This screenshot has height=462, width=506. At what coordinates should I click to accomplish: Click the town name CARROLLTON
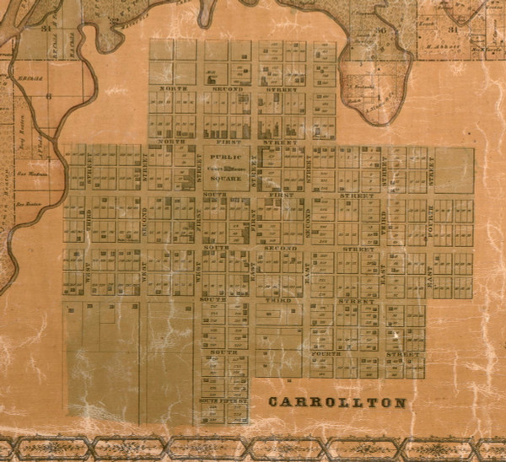point(336,402)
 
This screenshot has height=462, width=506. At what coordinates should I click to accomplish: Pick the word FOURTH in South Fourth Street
point(325,353)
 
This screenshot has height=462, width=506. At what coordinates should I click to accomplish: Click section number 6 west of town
point(49,96)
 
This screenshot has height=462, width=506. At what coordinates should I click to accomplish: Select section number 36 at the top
point(381,30)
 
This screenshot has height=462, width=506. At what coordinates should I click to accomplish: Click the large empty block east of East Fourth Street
point(454,169)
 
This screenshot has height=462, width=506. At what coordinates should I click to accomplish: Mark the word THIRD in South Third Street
point(278,300)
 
